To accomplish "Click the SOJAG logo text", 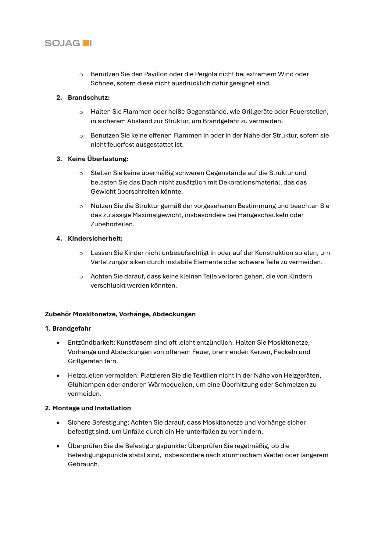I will (62, 43).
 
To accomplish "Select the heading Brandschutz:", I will (89, 98).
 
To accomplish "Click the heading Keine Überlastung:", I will (98, 159).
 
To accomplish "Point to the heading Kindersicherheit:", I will (95, 239).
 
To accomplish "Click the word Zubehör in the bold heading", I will (58, 314).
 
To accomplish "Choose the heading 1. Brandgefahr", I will (68, 329).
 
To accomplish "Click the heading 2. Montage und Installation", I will (88, 408).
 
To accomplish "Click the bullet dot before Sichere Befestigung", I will (58, 423).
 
